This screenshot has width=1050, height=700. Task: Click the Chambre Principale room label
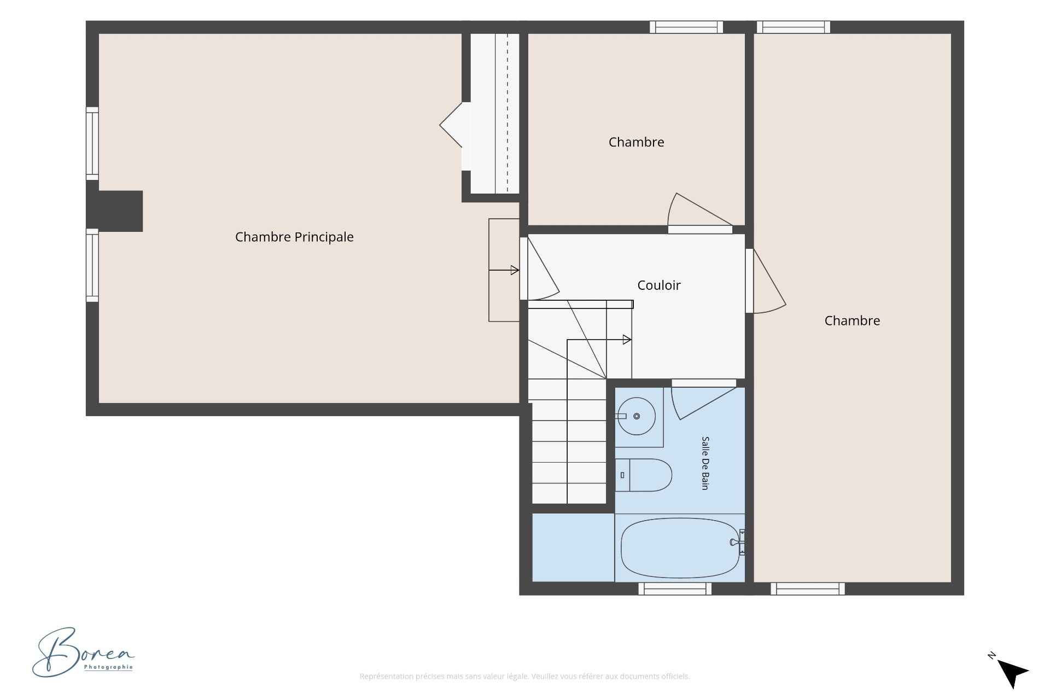coord(294,237)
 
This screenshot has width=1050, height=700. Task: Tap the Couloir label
coord(659,285)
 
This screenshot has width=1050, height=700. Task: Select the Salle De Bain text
coord(705,463)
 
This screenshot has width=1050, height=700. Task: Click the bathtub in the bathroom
coord(680,548)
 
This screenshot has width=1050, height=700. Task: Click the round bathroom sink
coord(637,416)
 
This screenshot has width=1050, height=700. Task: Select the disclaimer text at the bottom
coord(524,676)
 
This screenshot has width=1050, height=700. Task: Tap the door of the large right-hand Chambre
coord(766,282)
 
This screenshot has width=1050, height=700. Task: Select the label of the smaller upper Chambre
coord(637,142)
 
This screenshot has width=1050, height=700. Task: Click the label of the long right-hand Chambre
coord(852,321)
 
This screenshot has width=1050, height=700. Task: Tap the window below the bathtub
coord(675,588)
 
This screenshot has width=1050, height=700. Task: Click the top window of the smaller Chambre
coord(686,27)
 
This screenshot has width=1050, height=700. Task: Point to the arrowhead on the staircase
coord(627,340)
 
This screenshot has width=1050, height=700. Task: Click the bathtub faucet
coord(737,542)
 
